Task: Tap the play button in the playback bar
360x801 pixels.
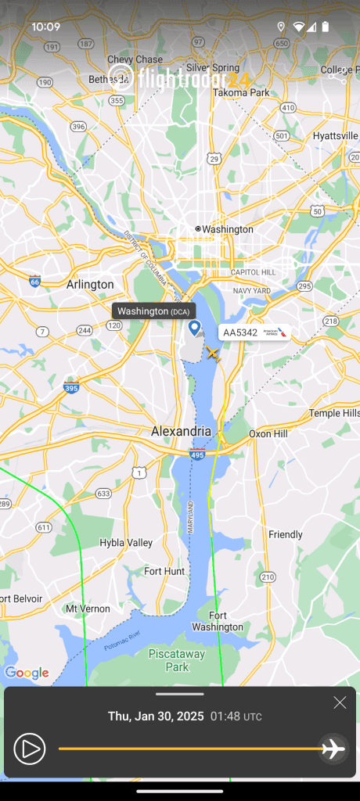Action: pyautogui.click(x=29, y=749)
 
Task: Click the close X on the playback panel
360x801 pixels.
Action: pyautogui.click(x=340, y=702)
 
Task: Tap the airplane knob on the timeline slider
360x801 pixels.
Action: pyautogui.click(x=333, y=749)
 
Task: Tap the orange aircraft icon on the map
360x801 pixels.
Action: pyautogui.click(x=212, y=354)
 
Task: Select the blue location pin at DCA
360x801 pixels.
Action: pyautogui.click(x=195, y=328)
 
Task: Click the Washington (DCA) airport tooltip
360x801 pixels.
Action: pyautogui.click(x=153, y=311)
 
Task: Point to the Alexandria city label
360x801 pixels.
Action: pyautogui.click(x=181, y=431)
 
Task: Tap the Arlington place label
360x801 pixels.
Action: pyautogui.click(x=90, y=285)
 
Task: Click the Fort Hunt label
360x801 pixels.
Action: pyautogui.click(x=164, y=571)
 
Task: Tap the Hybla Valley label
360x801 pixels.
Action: pyautogui.click(x=126, y=542)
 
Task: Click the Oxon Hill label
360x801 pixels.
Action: pyautogui.click(x=268, y=433)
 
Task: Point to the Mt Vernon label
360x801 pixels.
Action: pyautogui.click(x=83, y=608)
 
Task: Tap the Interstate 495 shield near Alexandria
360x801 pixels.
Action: pyautogui.click(x=197, y=453)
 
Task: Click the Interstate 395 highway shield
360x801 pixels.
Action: pyautogui.click(x=71, y=388)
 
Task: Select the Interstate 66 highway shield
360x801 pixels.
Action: pyautogui.click(x=34, y=281)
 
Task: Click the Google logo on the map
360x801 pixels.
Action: pyautogui.click(x=27, y=673)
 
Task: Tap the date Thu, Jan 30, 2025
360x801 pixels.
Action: pyautogui.click(x=156, y=716)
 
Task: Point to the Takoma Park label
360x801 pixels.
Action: pyautogui.click(x=242, y=92)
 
